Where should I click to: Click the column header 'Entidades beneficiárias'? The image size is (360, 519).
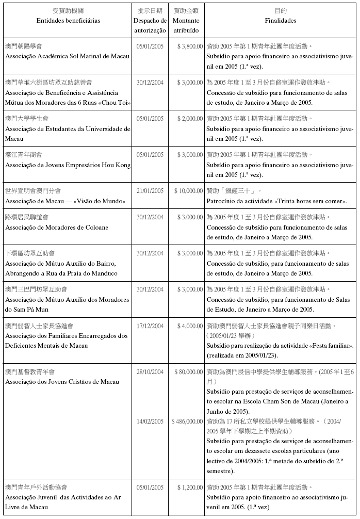coord(69,21)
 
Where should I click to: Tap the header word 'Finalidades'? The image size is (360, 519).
coord(281,21)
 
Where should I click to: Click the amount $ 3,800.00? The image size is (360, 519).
coord(189,46)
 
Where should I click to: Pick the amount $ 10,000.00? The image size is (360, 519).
coord(188,191)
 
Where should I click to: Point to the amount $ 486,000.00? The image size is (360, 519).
coord(187,421)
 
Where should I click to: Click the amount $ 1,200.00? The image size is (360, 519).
coord(189,487)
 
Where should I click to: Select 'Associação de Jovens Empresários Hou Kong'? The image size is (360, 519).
coord(68,165)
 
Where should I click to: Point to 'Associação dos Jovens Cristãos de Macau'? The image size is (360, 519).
coord(62,382)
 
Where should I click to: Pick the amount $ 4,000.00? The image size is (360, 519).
coord(189,326)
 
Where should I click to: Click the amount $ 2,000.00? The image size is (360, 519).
coord(189,119)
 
